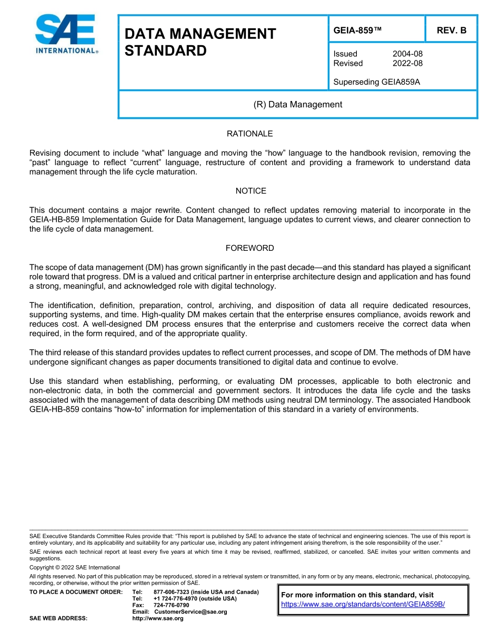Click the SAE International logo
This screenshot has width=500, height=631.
pyautogui.click(x=66, y=34)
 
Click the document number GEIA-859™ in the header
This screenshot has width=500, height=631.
pyautogui.click(x=357, y=30)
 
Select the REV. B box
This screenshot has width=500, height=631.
pyautogui.click(x=451, y=30)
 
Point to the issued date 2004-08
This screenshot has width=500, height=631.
pyautogui.click(x=407, y=54)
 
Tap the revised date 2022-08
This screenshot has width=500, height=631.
pyautogui.click(x=407, y=63)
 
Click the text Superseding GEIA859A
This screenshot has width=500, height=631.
pyautogui.click(x=376, y=82)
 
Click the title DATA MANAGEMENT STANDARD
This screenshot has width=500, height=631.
pyautogui.click(x=200, y=43)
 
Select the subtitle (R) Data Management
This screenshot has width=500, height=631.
pyautogui.click(x=297, y=104)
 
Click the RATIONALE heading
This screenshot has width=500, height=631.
pyautogui.click(x=249, y=134)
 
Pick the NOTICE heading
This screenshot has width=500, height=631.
pyautogui.click(x=251, y=191)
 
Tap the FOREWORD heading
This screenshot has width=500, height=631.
pyautogui.click(x=249, y=248)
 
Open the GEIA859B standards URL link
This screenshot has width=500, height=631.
pyautogui.click(x=363, y=604)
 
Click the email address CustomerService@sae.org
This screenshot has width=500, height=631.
pyautogui.click(x=191, y=612)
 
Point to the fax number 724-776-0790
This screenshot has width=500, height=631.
pyautogui.click(x=171, y=605)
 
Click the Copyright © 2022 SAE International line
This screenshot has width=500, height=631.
pyautogui.click(x=75, y=567)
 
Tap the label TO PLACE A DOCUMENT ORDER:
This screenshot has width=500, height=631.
pyautogui.click(x=76, y=592)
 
